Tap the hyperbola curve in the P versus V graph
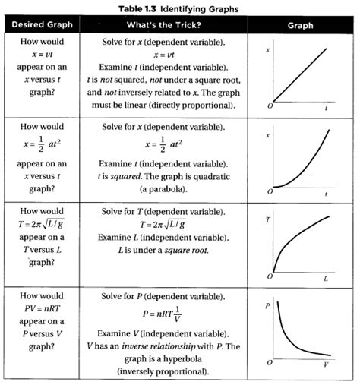tap(292, 338)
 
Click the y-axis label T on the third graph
tap(267, 220)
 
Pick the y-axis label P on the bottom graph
tap(267, 305)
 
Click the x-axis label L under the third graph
tap(325, 279)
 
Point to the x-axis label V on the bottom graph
tap(325, 364)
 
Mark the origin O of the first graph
tap(270, 108)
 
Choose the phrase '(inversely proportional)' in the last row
tap(164, 372)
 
